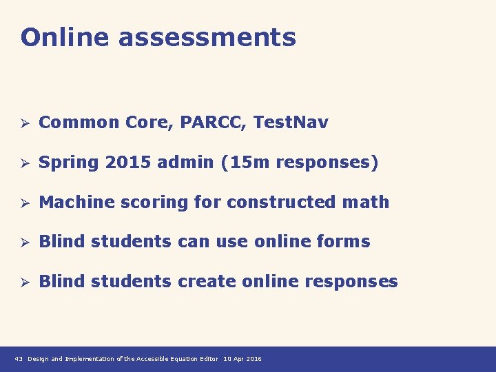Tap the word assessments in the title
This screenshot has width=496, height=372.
pos(207,37)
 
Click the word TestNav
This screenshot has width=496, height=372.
pos(291,123)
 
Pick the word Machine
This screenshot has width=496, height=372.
pos(77,203)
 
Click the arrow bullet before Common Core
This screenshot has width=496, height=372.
pos(23,123)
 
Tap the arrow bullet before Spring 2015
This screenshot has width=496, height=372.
pos(23,163)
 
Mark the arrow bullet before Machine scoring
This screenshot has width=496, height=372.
pos(23,203)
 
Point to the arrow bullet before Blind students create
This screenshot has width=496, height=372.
pos(23,282)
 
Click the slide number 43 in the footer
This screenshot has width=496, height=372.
pos(19,359)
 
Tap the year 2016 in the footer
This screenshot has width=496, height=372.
pos(254,359)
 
